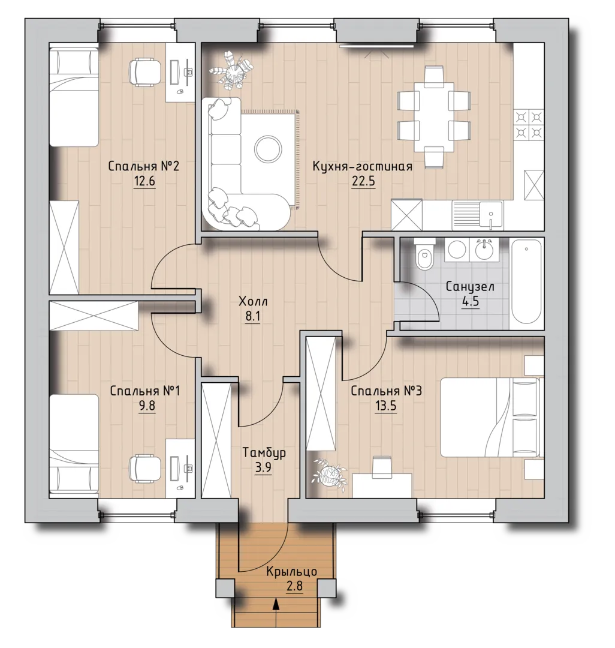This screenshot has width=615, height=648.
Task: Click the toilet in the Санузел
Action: coord(423,254)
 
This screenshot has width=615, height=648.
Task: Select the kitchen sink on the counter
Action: coord(478,215)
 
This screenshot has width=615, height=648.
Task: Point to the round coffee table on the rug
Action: coord(269,149)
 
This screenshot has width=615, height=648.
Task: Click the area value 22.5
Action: coord(363,181)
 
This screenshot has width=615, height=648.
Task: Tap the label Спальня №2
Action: coord(144,167)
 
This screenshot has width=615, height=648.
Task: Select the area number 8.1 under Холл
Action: coord(252,317)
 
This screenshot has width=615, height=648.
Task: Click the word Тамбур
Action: coord(264,453)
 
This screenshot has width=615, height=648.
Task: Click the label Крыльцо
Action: coord(291,572)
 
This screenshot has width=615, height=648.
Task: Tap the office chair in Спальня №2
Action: coord(144,73)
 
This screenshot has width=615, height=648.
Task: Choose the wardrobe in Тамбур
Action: coord(216,440)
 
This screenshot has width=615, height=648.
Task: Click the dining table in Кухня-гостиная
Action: coord(434,116)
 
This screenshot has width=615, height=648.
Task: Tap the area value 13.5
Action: coord(385,406)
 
